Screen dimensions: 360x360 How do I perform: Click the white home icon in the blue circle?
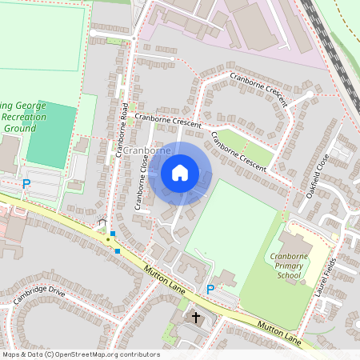(x=180, y=173)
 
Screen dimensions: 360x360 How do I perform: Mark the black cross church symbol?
(x=195, y=318)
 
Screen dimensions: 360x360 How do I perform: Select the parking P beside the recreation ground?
(x=26, y=183)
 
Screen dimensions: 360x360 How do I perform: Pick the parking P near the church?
(x=210, y=289)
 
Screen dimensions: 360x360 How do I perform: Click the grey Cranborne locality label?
(x=146, y=150)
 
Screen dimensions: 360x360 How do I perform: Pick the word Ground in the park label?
(x=21, y=128)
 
